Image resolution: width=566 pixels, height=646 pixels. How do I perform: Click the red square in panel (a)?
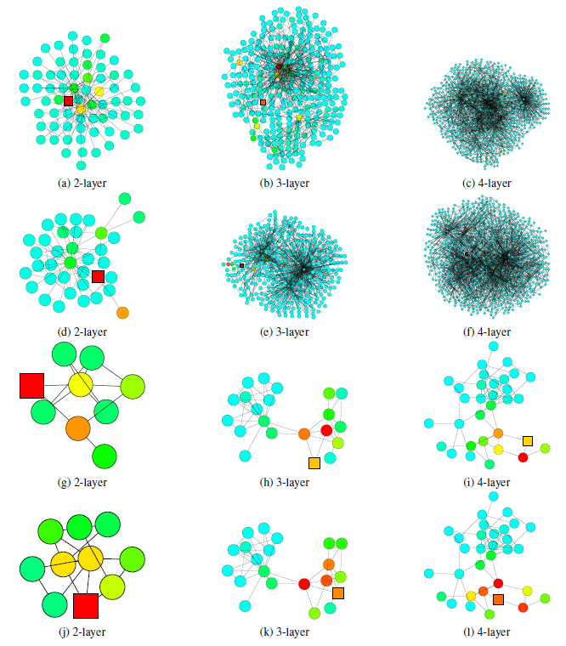coord(69,101)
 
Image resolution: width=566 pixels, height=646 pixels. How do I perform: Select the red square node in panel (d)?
coord(98,276)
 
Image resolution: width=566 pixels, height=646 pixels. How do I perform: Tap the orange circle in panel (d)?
coord(122,313)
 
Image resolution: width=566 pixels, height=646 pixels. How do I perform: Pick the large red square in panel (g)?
coord(31,385)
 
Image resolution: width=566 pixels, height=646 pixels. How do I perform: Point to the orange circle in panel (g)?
coord(77,427)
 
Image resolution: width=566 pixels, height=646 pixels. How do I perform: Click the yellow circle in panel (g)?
coord(81,384)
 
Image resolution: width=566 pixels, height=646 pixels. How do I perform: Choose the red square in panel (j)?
coord(86,606)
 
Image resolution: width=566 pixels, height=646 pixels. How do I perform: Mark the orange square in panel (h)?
coord(314,462)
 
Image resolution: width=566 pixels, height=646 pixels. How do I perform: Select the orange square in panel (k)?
coord(338,592)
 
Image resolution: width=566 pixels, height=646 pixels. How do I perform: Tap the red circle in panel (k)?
coord(304,584)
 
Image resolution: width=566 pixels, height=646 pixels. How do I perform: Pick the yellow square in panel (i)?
coord(528,440)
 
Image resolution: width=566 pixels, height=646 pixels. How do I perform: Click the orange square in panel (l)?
coord(498,600)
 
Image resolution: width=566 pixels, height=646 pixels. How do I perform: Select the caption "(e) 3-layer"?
coord(285,332)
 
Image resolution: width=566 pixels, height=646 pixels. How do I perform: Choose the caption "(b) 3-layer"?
coord(285,183)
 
